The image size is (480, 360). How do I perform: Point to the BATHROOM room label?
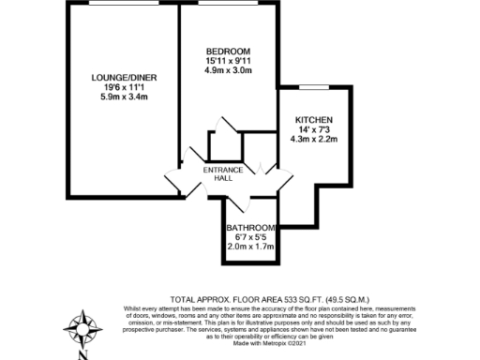point(251,228)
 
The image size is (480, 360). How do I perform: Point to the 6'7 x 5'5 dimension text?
point(251,238)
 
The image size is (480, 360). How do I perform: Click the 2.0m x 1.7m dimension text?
point(251,248)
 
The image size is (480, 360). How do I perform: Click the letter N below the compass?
point(82,355)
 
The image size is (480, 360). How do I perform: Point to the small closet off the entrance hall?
point(224,143)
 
